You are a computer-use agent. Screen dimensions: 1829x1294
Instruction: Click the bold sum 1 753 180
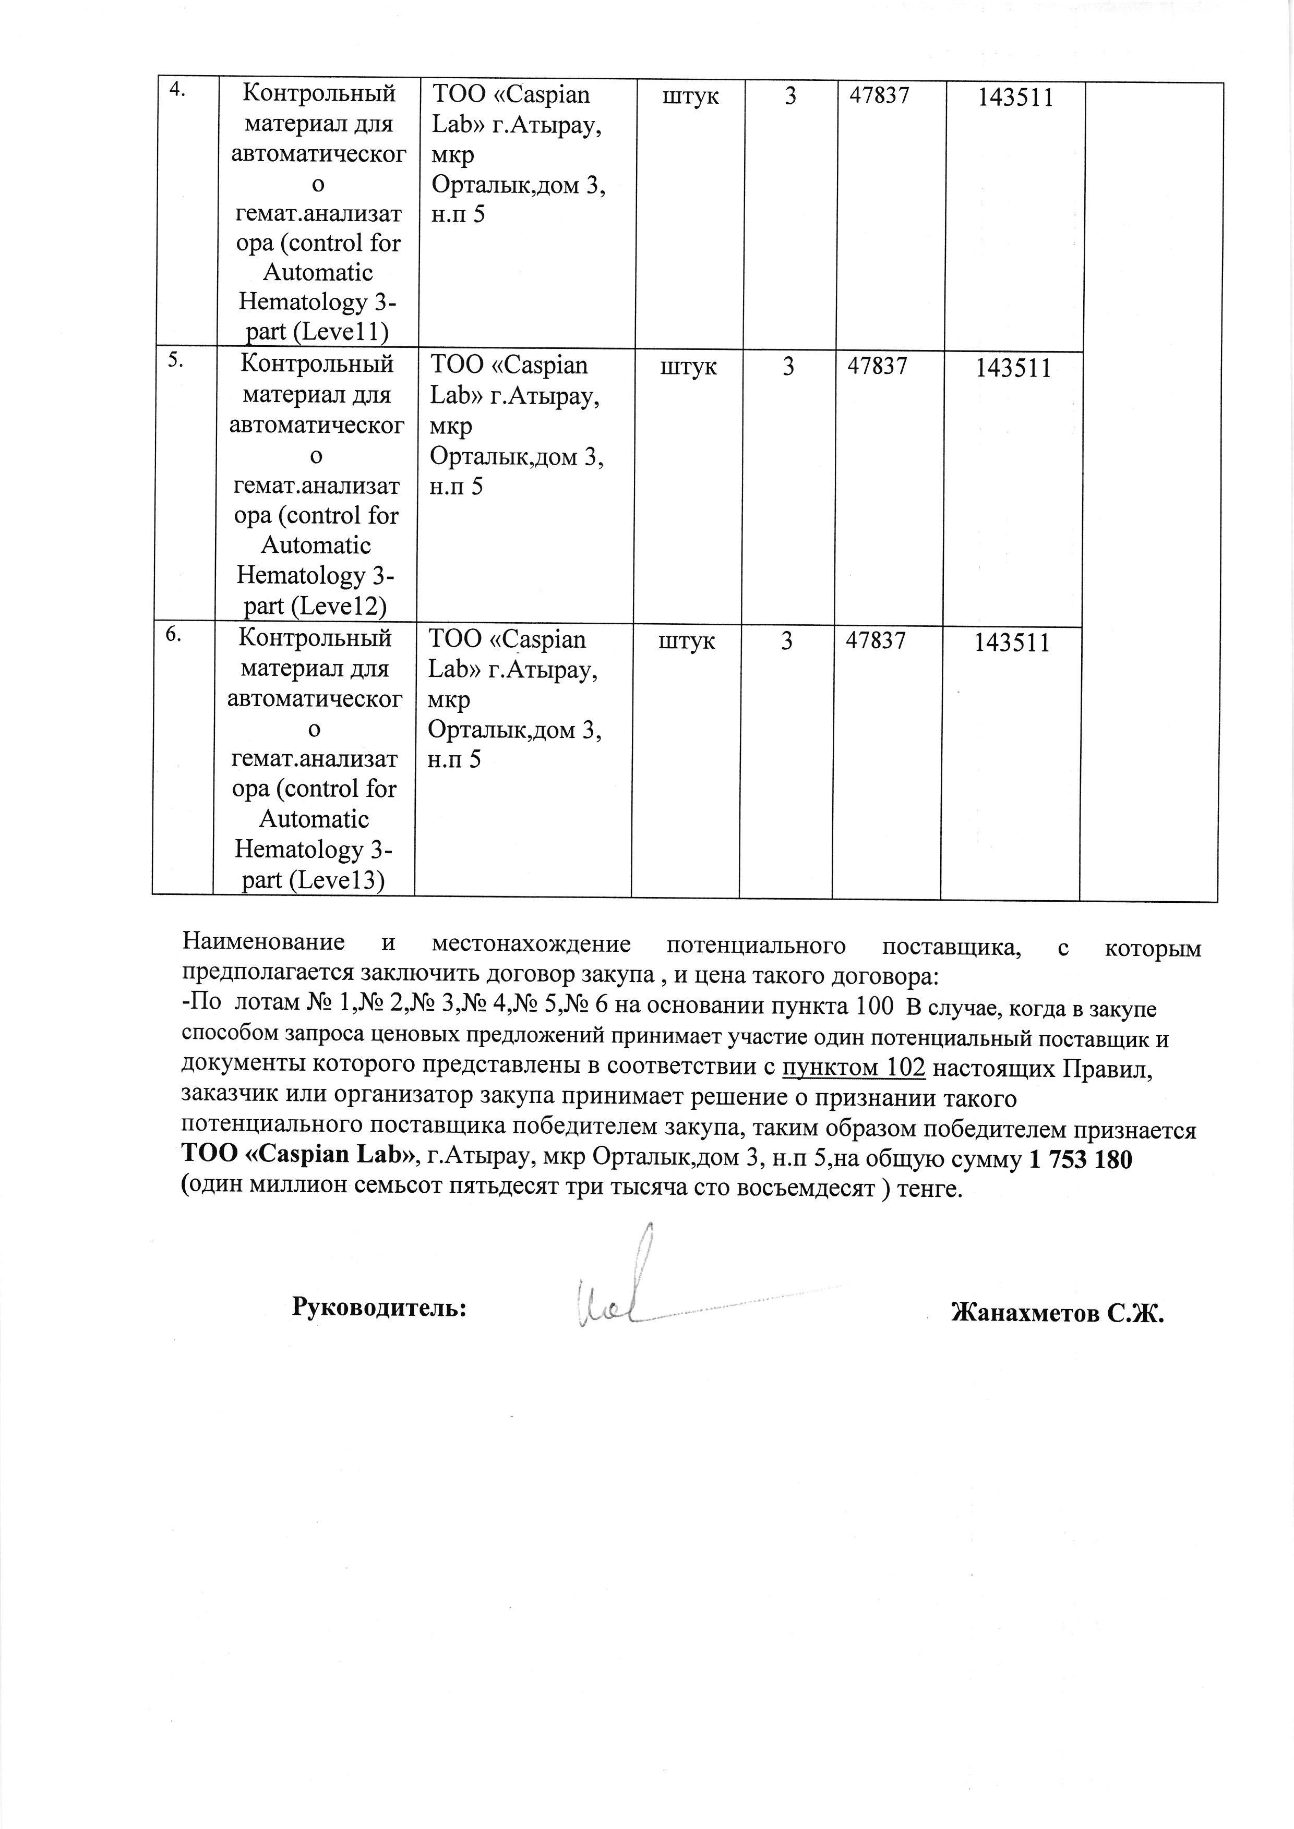point(1081,1160)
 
